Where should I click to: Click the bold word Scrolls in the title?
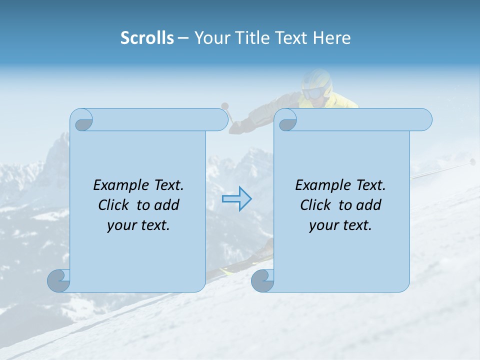[147, 38]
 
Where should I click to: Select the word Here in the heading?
[331, 38]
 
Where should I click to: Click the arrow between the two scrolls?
[236, 199]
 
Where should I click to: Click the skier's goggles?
[314, 93]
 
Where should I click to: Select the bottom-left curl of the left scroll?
[59, 280]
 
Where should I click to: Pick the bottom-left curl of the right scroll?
[263, 280]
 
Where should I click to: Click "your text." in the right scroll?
[340, 225]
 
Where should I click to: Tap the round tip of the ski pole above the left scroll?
[225, 105]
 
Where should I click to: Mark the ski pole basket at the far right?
[472, 161]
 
